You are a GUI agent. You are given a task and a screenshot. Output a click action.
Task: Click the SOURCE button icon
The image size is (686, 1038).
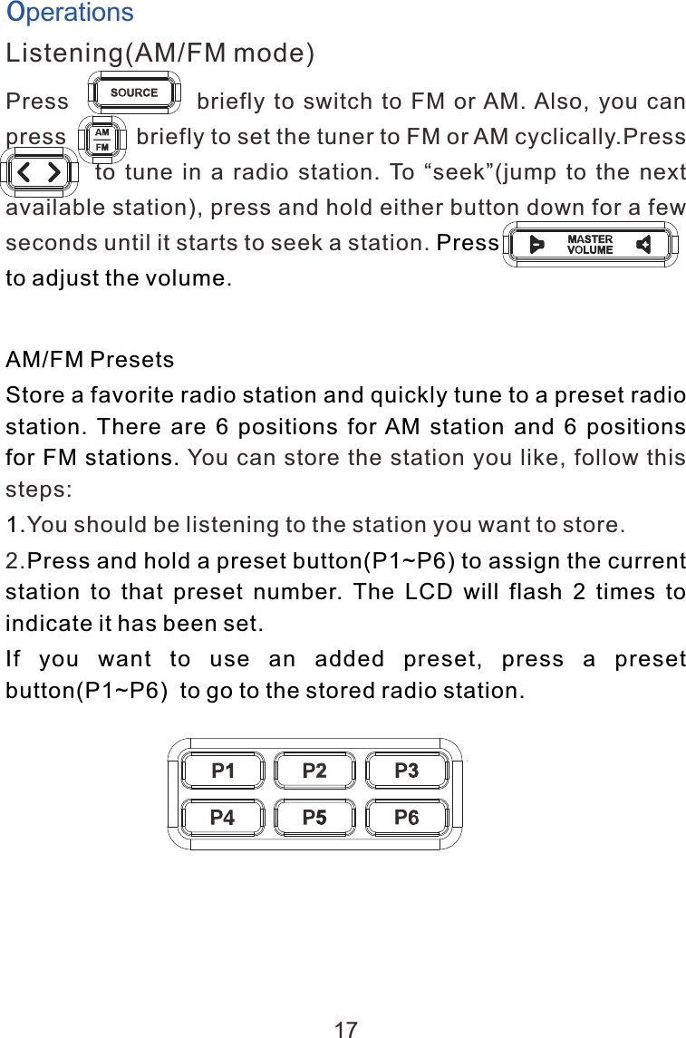(x=134, y=92)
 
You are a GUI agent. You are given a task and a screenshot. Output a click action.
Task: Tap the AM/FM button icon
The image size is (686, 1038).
(x=102, y=138)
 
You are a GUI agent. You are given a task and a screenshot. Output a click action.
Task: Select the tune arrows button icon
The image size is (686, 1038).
(x=41, y=171)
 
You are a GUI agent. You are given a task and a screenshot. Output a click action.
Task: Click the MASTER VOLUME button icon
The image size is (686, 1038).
(x=590, y=245)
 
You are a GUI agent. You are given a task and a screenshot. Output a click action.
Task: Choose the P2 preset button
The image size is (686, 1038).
(x=314, y=771)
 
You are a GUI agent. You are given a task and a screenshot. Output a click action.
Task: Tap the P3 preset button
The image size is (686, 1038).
(x=407, y=771)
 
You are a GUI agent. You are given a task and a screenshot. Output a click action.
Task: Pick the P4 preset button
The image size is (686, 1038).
(x=222, y=817)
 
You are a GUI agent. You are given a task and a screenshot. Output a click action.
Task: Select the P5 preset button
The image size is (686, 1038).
(x=314, y=817)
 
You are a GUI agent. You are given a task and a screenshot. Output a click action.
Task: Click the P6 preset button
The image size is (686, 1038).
(x=407, y=817)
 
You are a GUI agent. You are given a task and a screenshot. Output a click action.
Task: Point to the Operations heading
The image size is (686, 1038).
(x=70, y=13)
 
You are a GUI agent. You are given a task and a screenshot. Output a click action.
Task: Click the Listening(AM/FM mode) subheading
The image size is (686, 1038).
(x=160, y=53)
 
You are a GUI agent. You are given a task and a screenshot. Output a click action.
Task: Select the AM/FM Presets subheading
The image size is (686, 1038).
(x=91, y=360)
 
